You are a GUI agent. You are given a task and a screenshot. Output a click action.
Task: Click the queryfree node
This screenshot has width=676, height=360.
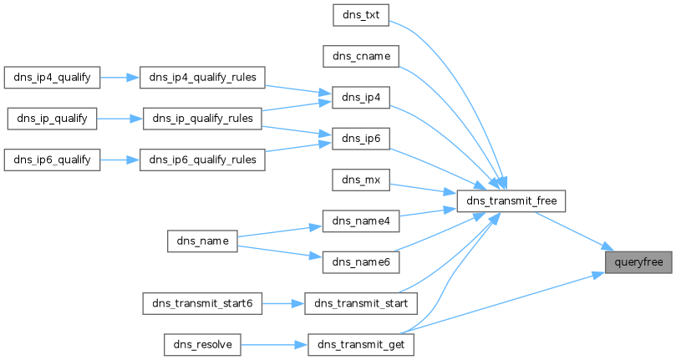(638, 262)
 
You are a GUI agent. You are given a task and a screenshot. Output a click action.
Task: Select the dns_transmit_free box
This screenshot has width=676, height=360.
(511, 201)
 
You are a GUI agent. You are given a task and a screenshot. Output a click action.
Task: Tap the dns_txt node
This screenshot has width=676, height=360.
(361, 15)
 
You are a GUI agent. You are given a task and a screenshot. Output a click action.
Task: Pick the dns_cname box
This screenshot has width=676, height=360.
(361, 57)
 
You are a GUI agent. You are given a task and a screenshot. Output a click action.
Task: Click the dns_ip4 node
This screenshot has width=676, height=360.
(361, 98)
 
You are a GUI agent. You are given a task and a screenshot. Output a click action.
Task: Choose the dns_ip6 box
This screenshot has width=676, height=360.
(361, 139)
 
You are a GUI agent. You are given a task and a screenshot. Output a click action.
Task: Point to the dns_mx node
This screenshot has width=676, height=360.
(361, 180)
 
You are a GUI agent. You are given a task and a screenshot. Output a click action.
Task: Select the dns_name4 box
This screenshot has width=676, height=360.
(361, 221)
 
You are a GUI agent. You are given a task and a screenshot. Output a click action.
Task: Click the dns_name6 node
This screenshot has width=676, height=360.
(361, 262)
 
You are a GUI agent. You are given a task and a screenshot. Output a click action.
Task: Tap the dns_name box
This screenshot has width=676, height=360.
(202, 241)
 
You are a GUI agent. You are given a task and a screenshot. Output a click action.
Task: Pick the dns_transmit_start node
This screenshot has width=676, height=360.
(361, 303)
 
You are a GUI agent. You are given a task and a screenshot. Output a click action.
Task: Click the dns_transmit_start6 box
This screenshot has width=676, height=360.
(202, 303)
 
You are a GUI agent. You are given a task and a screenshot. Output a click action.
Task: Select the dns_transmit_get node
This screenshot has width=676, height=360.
(361, 344)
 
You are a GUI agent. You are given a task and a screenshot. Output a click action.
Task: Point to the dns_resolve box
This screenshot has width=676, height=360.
(202, 344)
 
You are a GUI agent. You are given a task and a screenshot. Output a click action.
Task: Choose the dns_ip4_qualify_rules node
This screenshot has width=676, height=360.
(202, 78)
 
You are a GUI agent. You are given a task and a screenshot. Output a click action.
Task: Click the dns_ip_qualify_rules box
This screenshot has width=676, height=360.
(202, 119)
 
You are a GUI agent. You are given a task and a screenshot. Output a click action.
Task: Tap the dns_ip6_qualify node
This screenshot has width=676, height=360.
(52, 160)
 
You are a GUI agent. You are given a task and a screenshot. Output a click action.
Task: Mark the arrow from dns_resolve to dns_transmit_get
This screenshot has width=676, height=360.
(274, 345)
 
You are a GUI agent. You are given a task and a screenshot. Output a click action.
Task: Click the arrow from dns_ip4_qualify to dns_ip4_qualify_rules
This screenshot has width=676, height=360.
(119, 78)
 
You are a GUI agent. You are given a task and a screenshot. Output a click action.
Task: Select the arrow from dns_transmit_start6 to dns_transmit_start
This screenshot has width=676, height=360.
(283, 303)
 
